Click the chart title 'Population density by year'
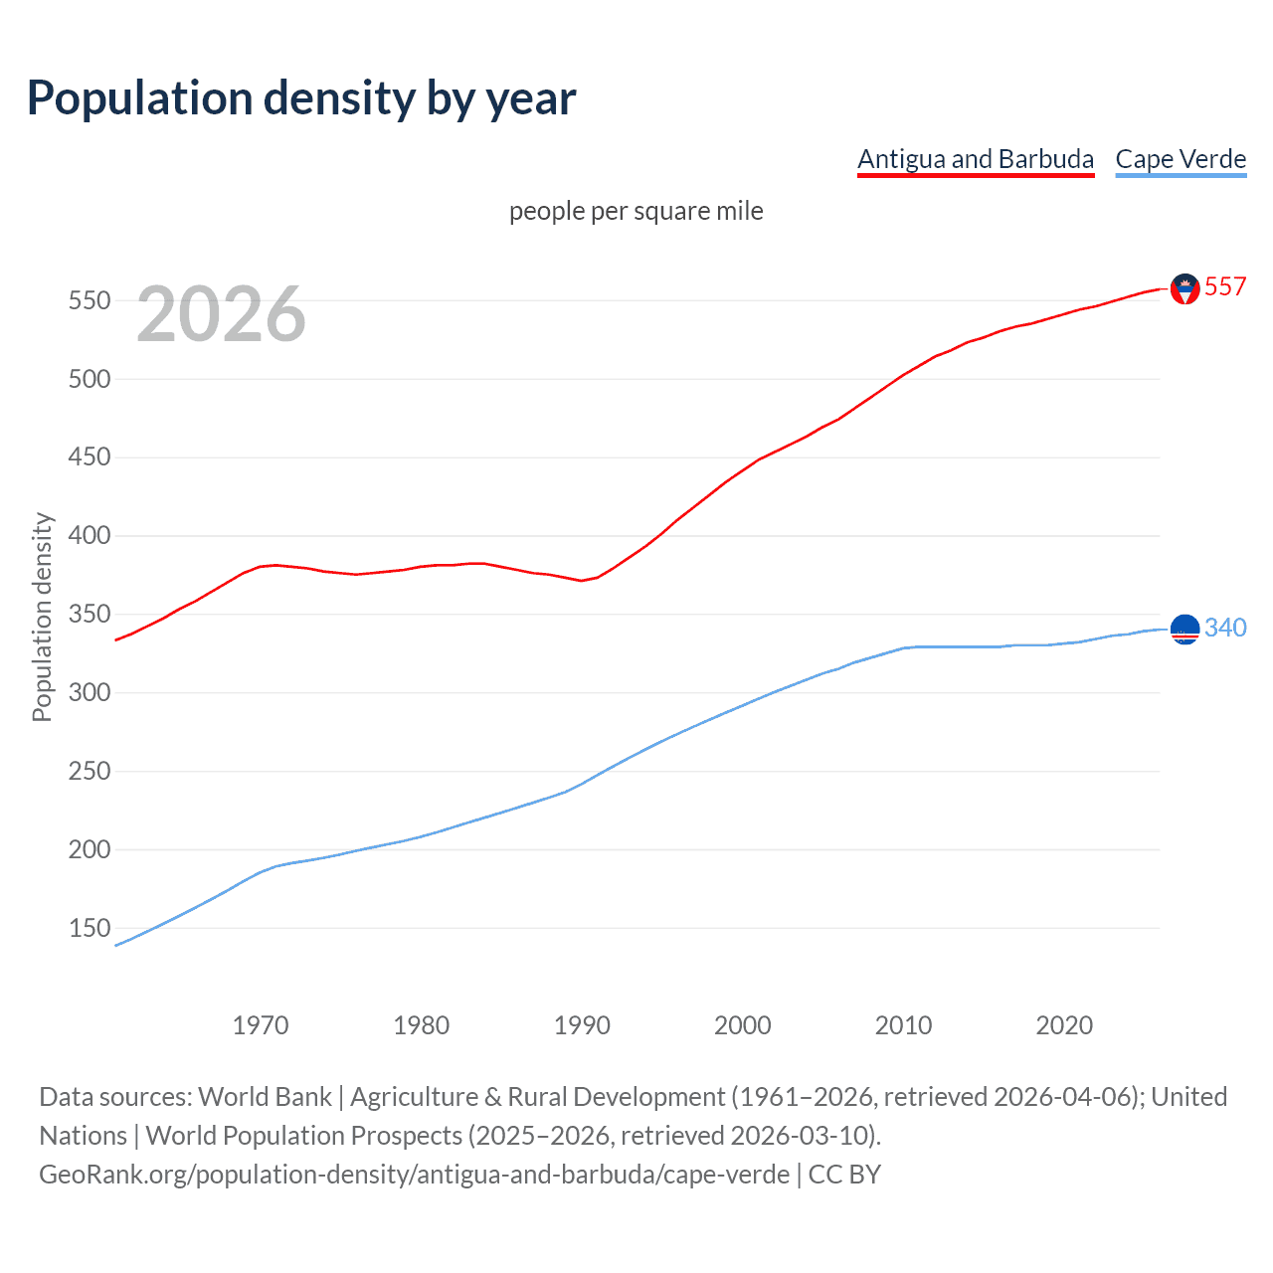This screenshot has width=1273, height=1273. pos(301,98)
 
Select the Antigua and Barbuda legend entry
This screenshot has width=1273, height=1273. pos(975,159)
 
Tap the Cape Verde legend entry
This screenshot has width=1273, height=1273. pos(1181,159)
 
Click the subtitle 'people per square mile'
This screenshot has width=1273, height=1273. pos(636,211)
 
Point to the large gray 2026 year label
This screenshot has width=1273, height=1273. pos(221,314)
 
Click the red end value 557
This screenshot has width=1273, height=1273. pos(1224,286)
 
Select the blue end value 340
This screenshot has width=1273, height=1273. pos(1224,628)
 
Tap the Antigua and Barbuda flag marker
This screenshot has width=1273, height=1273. pos(1184,288)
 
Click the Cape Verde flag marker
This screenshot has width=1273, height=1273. pos(1184,630)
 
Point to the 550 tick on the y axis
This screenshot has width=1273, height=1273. pos(90,300)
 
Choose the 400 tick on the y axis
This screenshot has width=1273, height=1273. pos(90,536)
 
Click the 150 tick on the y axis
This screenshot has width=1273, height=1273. pos(90,928)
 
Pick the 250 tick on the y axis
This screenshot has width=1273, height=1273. pos(90,771)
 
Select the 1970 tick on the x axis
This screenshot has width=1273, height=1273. pos(261,1025)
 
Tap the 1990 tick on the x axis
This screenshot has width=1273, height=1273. pos(582,1025)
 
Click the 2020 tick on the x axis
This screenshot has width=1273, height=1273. pos(1064,1025)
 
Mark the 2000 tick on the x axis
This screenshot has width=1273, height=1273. pos(743,1025)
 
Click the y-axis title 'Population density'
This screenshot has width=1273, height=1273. pos(42,617)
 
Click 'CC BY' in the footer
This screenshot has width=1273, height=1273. pos(844,1175)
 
